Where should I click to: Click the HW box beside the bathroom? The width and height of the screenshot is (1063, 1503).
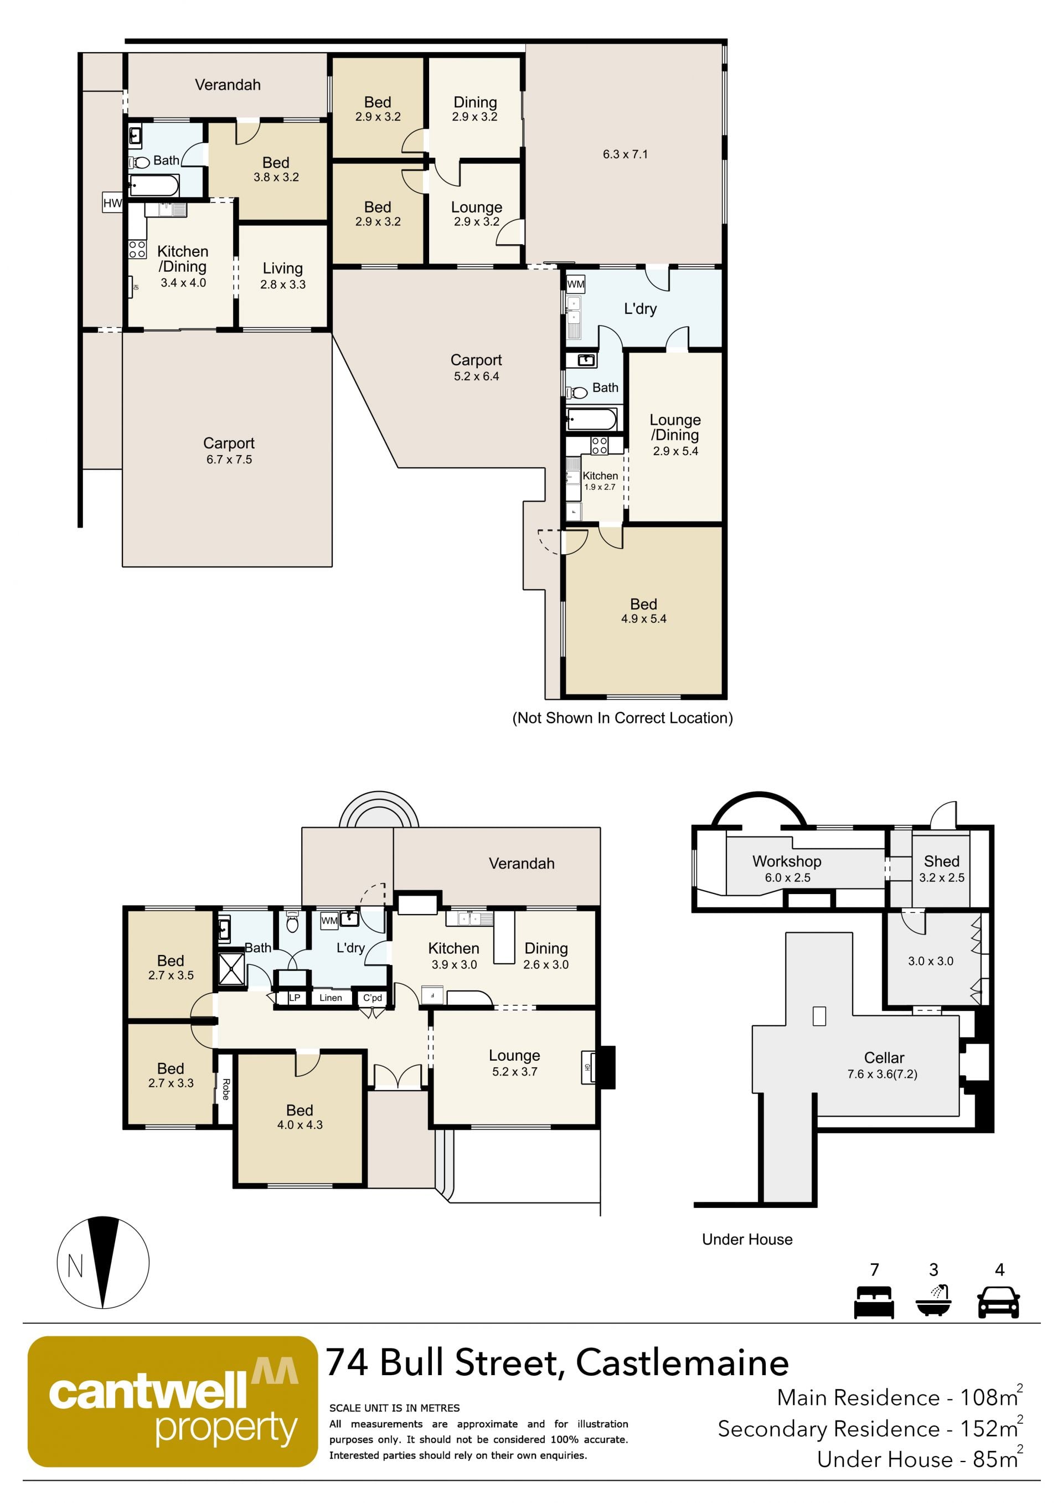point(112,203)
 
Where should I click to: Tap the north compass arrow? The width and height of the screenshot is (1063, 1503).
point(103,1262)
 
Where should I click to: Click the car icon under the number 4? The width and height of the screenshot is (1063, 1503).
point(998,1302)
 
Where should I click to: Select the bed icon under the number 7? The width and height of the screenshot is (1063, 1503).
point(874,1302)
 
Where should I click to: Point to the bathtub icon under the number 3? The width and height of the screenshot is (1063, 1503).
point(933,1301)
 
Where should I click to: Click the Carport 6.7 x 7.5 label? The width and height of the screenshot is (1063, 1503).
point(229,451)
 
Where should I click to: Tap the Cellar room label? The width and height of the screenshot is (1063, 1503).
point(884,1065)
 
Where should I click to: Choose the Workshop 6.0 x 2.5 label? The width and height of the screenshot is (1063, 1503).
point(787,869)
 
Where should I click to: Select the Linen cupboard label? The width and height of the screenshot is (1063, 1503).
point(331,998)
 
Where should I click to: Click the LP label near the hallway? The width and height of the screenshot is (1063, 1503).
point(295,998)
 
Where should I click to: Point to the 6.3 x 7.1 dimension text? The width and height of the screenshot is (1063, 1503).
point(625,154)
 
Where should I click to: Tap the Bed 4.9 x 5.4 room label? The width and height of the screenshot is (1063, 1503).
point(643,611)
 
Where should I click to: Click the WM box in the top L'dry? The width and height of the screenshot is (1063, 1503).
point(575,284)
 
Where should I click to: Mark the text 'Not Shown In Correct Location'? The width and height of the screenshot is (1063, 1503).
point(622,718)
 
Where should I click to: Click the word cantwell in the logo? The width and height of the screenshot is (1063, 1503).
point(148,1395)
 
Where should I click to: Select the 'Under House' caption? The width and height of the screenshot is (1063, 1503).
point(747,1239)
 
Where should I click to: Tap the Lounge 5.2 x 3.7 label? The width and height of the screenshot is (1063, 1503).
point(514,1063)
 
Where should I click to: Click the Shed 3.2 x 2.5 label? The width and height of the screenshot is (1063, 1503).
point(941,869)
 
